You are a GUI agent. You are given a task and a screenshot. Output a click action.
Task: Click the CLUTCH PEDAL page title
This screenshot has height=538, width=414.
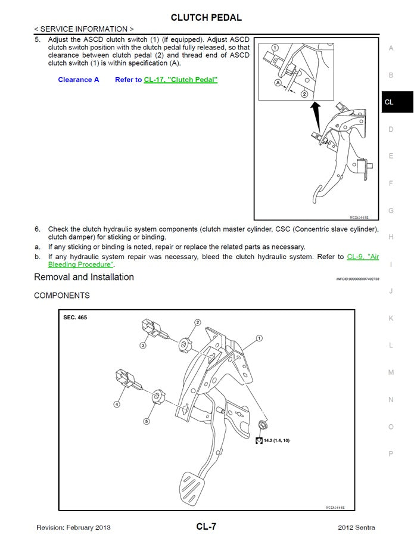click(206, 17)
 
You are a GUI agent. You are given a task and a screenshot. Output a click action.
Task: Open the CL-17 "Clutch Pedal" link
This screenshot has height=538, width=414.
click(180, 80)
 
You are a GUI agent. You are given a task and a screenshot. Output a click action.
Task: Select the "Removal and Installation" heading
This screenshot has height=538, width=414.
click(84, 277)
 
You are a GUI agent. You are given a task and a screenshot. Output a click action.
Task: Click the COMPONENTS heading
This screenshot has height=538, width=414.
click(62, 296)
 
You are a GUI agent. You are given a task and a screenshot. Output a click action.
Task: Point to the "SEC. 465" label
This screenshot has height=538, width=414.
click(75, 318)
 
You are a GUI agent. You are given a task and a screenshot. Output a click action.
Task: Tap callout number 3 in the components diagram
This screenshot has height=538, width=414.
click(144, 345)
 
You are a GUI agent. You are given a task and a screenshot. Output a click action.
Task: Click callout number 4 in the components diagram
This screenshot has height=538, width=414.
click(117, 404)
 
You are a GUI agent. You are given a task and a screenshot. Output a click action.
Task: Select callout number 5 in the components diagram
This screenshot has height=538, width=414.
click(146, 421)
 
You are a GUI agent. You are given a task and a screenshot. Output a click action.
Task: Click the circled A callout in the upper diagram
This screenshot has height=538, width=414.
click(278, 83)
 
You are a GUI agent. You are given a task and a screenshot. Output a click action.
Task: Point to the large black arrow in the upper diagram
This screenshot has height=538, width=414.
click(315, 111)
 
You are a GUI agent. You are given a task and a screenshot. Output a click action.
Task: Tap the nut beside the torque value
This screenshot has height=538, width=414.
click(263, 425)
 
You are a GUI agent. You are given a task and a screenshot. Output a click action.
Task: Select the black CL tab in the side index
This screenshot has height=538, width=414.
click(397, 102)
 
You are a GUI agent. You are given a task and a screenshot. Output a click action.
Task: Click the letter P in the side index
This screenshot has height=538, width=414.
click(391, 453)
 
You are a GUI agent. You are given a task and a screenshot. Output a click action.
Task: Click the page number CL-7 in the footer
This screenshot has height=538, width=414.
click(206, 527)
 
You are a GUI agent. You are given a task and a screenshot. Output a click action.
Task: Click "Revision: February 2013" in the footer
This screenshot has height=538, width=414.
click(73, 527)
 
